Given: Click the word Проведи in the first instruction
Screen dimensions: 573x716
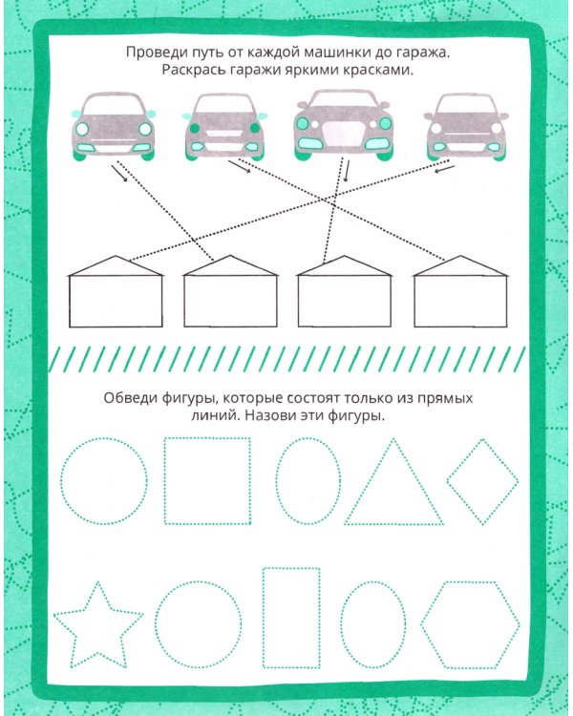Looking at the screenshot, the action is click(151, 53).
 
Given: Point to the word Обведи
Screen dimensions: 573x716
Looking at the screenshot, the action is click(130, 398).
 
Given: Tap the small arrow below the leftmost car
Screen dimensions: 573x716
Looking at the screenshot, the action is click(119, 174).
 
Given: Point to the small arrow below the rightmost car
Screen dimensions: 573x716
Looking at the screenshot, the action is click(445, 169).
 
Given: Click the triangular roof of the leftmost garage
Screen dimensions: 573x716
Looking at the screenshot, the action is click(116, 265).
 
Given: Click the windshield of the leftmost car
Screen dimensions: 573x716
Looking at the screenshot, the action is click(114, 104).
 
